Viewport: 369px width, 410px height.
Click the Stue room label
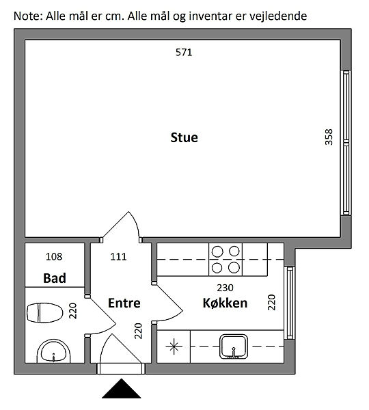point(184,137)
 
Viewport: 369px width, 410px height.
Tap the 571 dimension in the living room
point(184,53)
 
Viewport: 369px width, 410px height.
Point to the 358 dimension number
point(329,137)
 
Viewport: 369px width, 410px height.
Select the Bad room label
point(55,278)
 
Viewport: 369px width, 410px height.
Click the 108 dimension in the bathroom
point(54,257)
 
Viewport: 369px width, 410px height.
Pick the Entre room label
point(124,303)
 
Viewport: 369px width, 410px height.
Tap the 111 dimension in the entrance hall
point(118,257)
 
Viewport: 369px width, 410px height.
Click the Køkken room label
point(225,303)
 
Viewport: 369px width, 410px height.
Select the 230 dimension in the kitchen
point(225,288)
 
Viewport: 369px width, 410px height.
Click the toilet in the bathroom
point(45,313)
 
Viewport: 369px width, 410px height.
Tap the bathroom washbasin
point(53,351)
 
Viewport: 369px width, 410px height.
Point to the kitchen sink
point(234,346)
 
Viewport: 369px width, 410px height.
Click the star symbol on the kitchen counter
point(174,347)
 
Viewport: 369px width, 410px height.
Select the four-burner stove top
point(225,260)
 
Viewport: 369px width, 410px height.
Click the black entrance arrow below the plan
point(122,388)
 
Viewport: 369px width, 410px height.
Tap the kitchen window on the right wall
point(290,303)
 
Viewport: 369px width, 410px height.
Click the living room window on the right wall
point(346,143)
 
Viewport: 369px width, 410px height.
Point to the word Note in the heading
point(27,16)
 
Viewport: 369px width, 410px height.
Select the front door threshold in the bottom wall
point(121,369)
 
